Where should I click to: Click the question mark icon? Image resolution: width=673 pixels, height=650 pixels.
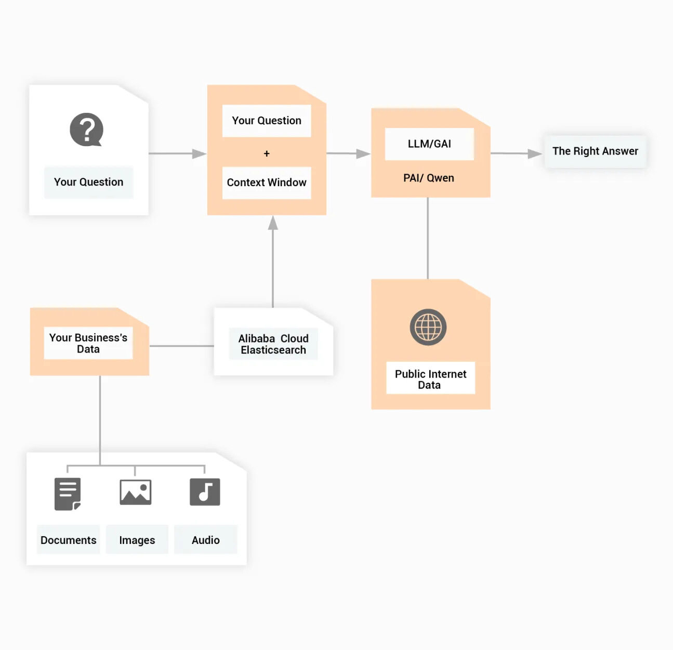tap(86, 129)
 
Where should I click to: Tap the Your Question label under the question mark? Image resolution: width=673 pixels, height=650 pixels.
tap(89, 182)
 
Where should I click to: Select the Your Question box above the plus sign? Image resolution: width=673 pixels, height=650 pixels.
tap(267, 121)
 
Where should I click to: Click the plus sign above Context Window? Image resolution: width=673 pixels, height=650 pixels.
tap(267, 154)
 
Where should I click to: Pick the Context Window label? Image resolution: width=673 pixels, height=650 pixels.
tap(267, 183)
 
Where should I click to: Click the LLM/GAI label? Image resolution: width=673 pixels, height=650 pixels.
tap(429, 144)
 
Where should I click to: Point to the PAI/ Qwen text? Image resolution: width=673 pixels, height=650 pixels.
tap(429, 178)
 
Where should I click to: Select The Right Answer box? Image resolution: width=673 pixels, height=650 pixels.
tap(595, 151)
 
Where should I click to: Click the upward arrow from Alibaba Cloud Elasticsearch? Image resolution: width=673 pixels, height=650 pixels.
tap(273, 224)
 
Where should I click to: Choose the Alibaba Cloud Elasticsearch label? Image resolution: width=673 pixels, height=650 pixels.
tap(273, 344)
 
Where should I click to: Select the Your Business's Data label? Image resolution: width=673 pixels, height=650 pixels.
tap(88, 343)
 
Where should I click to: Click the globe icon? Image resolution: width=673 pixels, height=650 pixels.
tap(428, 327)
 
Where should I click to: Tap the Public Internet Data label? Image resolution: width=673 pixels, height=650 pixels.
tap(430, 379)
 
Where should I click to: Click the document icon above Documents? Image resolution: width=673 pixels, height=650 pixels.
tap(68, 493)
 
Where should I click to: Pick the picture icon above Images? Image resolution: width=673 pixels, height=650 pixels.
tap(136, 492)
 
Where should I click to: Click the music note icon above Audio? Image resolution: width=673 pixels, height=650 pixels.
tap(205, 492)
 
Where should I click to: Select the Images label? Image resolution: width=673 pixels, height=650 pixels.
tap(137, 540)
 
